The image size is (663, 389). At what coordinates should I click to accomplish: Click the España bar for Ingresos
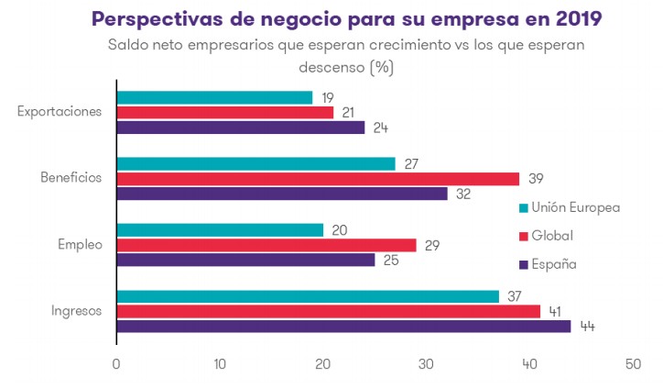(343, 326)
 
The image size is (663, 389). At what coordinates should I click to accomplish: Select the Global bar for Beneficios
(318, 179)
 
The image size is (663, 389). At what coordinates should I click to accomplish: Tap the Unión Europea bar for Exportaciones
(214, 97)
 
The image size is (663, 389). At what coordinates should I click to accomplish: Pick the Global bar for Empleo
(266, 245)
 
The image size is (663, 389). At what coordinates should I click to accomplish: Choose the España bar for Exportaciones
(240, 128)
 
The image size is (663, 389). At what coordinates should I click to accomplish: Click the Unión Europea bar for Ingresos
(308, 296)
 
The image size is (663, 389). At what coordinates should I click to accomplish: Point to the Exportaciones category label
(59, 112)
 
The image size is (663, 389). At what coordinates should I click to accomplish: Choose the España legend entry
(553, 264)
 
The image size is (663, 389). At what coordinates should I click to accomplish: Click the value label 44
(586, 327)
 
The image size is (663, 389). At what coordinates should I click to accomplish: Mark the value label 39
(535, 179)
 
